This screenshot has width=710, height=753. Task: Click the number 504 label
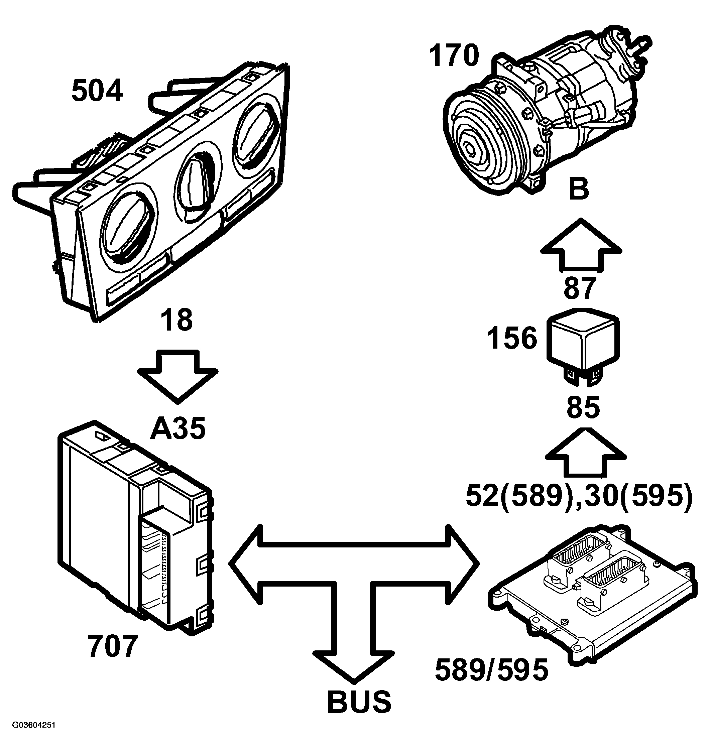(97, 91)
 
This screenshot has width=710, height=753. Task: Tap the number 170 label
(454, 56)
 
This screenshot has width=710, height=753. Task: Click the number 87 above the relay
(580, 288)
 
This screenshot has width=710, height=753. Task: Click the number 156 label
(512, 338)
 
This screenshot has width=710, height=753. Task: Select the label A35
(178, 429)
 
